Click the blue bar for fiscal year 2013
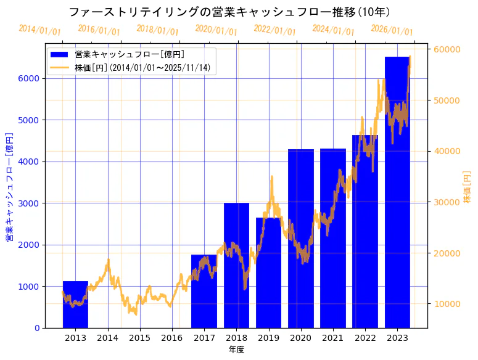[75, 305]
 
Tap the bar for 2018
[236, 265]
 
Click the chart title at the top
[229, 12]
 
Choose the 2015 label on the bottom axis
[139, 338]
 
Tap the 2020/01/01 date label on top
[216, 30]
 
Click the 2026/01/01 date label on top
[392, 30]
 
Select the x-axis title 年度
[236, 350]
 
